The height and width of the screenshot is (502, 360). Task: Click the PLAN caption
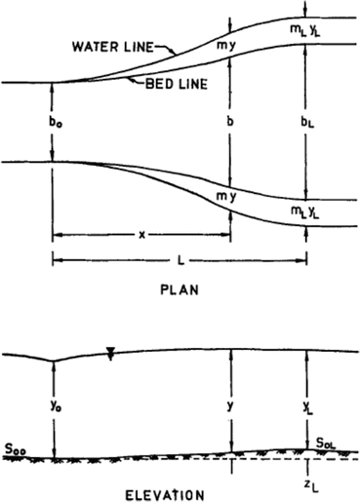[180, 290]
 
